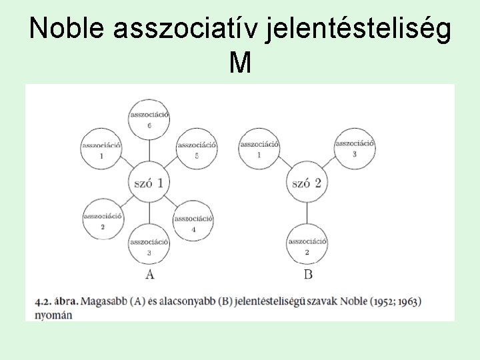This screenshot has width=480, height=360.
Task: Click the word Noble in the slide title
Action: (68, 29)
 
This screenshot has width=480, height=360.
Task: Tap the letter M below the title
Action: (239, 63)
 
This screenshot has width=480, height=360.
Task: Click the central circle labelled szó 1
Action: (149, 182)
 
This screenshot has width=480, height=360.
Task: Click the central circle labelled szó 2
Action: (307, 182)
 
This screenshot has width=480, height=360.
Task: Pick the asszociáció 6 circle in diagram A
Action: (149, 119)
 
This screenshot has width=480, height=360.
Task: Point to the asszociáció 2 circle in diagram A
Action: (102, 221)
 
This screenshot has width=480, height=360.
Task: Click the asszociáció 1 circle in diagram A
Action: (101, 149)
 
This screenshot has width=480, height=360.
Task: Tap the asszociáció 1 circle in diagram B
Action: (259, 148)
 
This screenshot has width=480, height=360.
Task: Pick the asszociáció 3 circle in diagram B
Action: (354, 147)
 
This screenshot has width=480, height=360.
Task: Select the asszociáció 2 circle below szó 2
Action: (307, 245)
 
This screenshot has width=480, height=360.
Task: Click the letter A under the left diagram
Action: (149, 275)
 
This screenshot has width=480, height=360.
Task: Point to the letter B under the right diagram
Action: (307, 275)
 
